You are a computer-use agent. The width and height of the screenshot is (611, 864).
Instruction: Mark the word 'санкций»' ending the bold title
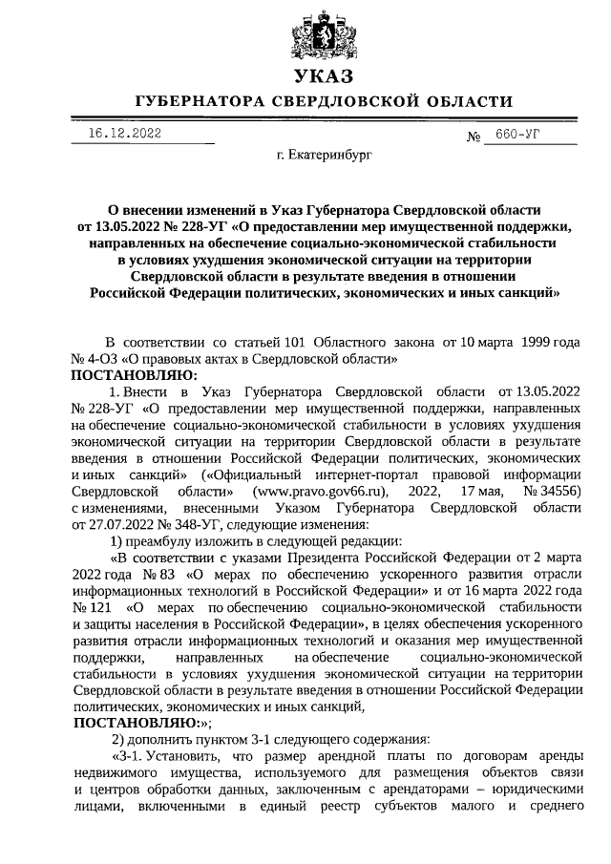pos(525,294)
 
